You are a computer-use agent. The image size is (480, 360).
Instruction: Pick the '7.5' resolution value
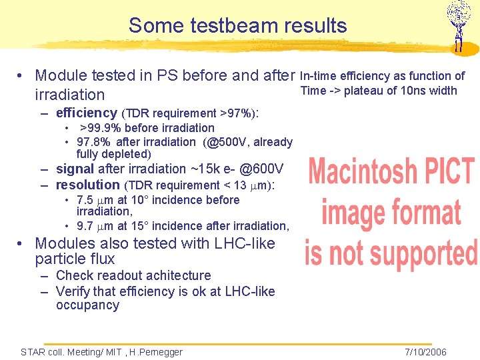(x=85, y=200)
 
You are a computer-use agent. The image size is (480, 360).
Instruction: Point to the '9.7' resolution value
(x=85, y=226)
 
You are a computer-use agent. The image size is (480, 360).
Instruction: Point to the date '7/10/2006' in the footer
(x=425, y=352)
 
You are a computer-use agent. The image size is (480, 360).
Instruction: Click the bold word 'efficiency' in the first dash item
(x=87, y=113)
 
